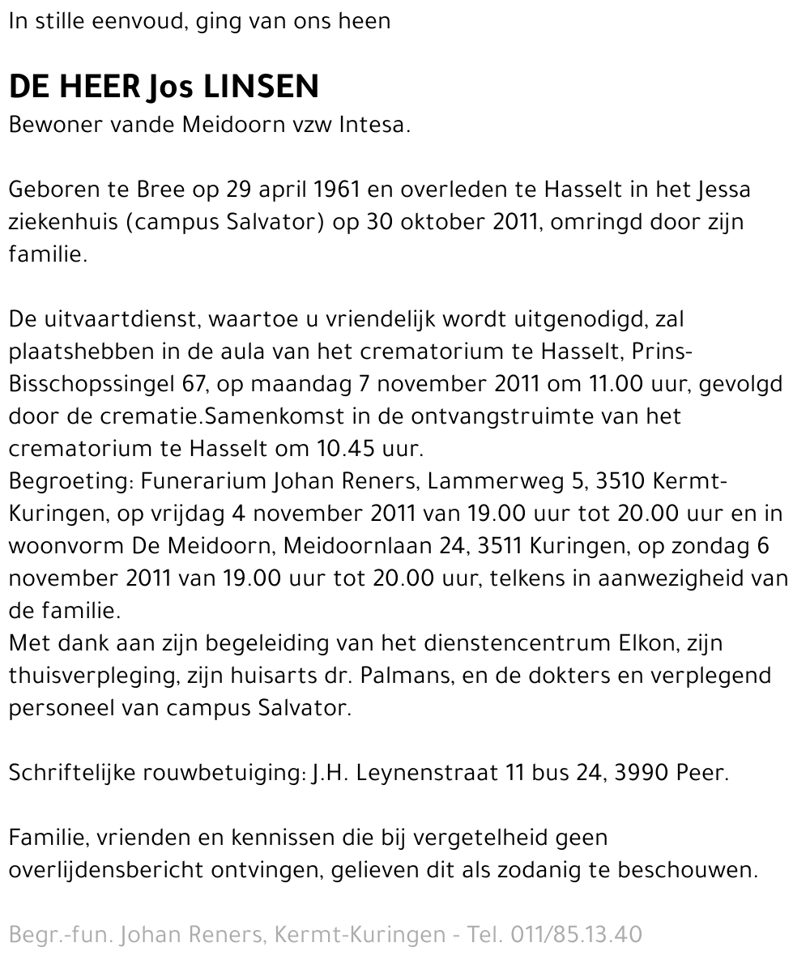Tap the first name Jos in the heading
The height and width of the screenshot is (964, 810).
pyautogui.click(x=170, y=87)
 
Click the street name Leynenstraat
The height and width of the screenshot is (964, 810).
pyautogui.click(x=428, y=773)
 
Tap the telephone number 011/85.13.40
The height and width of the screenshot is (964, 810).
pyautogui.click(x=576, y=935)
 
